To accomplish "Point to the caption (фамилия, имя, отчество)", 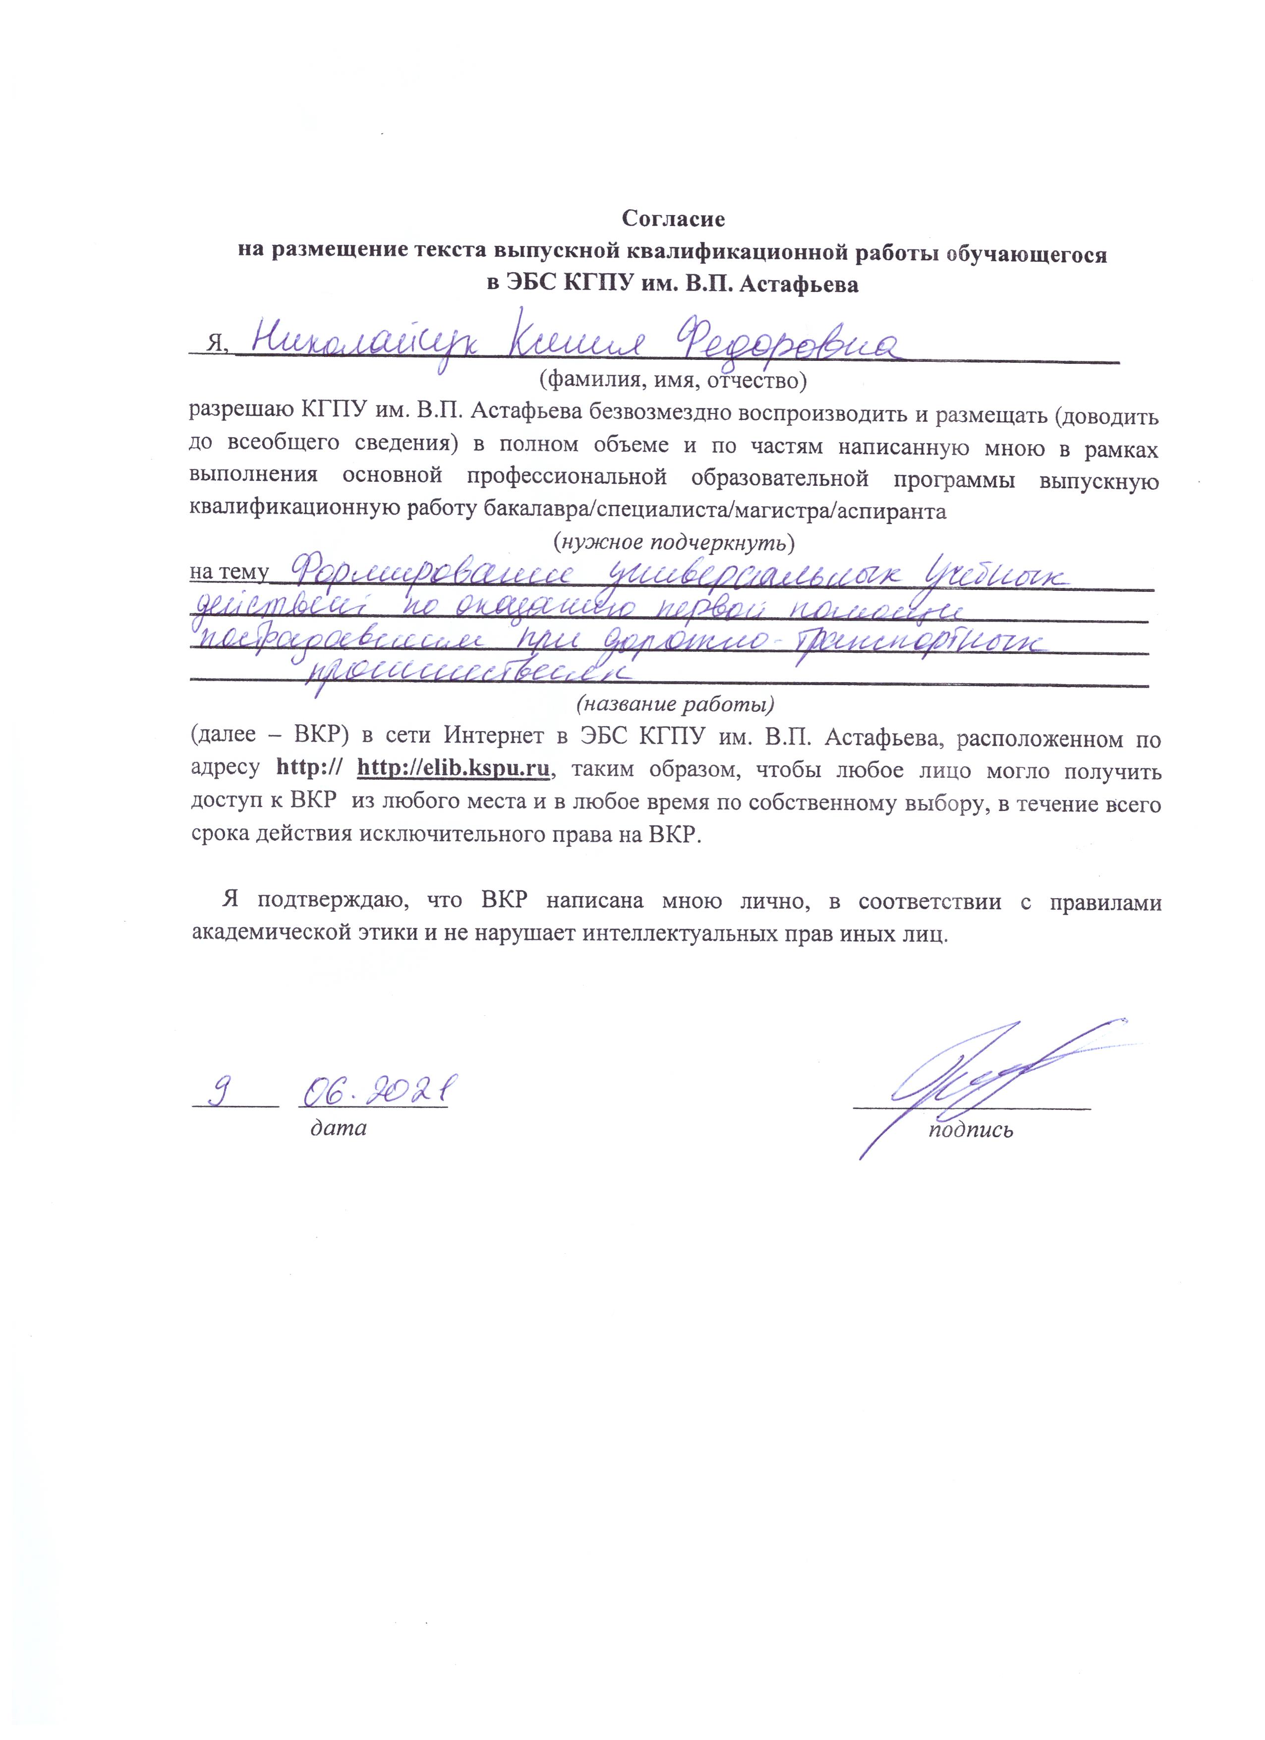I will [673, 378].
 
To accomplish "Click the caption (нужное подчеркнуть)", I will [673, 542].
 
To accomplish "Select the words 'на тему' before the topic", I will [229, 573].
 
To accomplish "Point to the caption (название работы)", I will [675, 703].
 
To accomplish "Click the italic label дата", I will [338, 1128].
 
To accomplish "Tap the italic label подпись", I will [971, 1129].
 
